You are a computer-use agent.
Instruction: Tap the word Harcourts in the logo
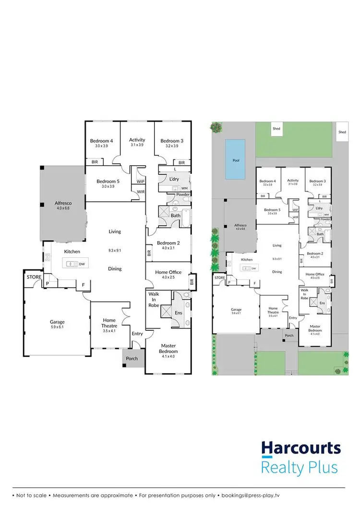click(x=301, y=448)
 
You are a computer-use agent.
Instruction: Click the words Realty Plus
click(x=300, y=467)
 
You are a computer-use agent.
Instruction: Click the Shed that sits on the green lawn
click(x=276, y=129)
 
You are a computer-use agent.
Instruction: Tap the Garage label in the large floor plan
click(x=57, y=322)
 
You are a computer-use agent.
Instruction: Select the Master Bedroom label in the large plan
click(x=168, y=348)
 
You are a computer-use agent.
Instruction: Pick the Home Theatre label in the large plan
click(x=109, y=323)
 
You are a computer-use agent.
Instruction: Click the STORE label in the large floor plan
click(x=34, y=277)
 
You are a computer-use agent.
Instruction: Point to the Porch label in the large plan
click(x=132, y=358)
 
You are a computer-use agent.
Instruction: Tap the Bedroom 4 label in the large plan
click(x=101, y=141)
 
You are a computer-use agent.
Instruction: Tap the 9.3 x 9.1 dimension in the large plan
click(x=115, y=250)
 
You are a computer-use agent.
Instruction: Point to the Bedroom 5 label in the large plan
click(x=108, y=181)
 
